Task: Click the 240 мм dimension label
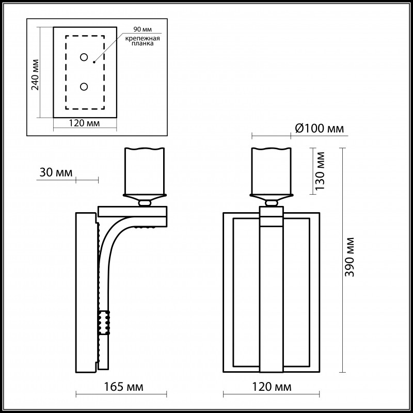point(35,75)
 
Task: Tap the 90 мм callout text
point(142,29)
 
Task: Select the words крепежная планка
point(142,41)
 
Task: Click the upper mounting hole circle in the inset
point(84,57)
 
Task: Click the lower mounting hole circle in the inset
point(84,87)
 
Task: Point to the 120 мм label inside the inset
point(84,123)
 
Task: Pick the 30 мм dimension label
point(56,172)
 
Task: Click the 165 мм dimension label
point(123,387)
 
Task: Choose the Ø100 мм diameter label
point(320,129)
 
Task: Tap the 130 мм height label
point(320,171)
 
